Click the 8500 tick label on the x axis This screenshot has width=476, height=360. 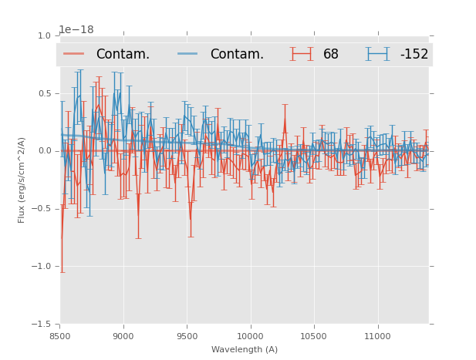[x=60, y=336]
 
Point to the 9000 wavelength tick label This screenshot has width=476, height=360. [x=123, y=336]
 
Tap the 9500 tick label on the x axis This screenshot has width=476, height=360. [x=187, y=336]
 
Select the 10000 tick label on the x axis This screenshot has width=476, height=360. [x=250, y=336]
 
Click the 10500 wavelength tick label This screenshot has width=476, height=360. [x=314, y=336]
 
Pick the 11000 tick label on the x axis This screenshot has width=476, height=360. [x=377, y=336]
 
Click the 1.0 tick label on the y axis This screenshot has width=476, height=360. [x=43, y=35]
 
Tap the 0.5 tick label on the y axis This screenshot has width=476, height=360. [x=43, y=93]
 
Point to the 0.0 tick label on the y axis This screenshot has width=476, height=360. [x=43, y=151]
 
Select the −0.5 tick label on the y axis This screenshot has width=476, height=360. [x=41, y=209]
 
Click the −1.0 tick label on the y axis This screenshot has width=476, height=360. [x=41, y=267]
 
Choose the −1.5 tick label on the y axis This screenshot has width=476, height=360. [x=41, y=325]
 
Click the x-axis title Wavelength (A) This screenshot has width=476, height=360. [x=245, y=350]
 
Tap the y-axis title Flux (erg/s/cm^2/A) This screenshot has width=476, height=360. [x=22, y=180]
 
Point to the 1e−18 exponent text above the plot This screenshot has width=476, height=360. [x=76, y=30]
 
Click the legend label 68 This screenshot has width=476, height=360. [x=331, y=55]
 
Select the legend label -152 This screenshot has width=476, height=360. [x=414, y=55]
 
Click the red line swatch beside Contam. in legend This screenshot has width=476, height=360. [x=74, y=54]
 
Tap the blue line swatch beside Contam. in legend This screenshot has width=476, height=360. [x=188, y=54]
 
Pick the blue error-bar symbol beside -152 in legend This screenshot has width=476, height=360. [x=378, y=54]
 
